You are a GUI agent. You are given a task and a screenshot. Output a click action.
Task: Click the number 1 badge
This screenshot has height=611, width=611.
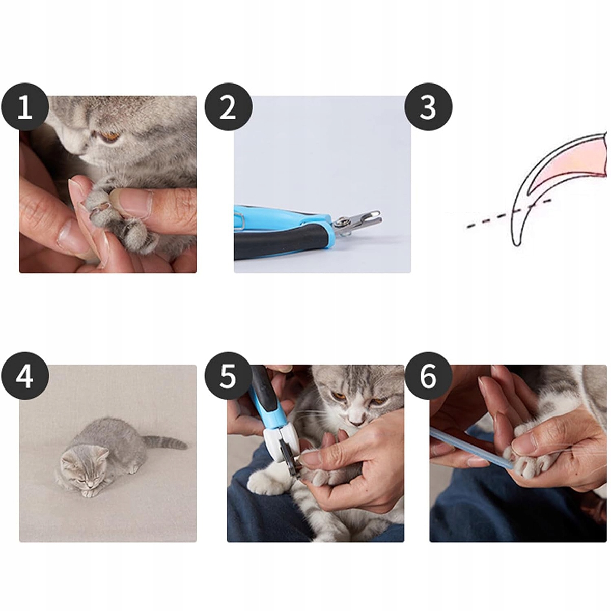point(25,107)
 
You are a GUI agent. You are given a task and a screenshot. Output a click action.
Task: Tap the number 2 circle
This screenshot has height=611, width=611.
point(228,107)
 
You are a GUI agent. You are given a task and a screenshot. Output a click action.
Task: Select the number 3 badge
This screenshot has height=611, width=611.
point(428,107)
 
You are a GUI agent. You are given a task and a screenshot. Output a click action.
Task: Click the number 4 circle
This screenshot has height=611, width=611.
point(25,377)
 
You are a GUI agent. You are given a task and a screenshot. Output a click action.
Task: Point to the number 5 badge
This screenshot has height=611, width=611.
point(228,377)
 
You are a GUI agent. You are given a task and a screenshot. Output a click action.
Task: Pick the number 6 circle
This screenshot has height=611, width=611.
point(428,377)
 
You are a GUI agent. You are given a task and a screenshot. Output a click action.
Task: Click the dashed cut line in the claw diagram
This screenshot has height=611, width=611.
point(509,213)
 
